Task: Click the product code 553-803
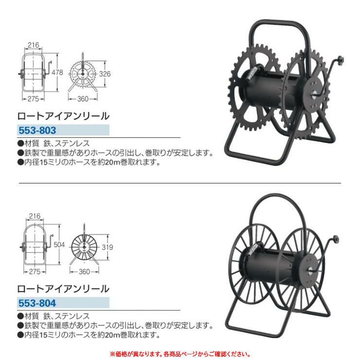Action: [37, 130]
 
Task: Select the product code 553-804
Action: [37, 303]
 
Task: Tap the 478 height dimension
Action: [57, 72]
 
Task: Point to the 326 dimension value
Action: [105, 74]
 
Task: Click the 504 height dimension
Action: [59, 245]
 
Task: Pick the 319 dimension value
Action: [107, 247]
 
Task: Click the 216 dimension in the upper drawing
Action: [33, 45]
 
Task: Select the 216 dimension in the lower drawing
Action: [35, 216]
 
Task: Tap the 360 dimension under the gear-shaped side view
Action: [83, 99]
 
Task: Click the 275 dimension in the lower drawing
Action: [35, 272]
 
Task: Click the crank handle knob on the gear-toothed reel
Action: [341, 60]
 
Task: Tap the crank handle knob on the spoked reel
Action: [336, 239]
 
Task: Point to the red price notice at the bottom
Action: [180, 354]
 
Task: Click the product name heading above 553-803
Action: [63, 116]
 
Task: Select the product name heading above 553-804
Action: [63, 289]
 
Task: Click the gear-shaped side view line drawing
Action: [83, 73]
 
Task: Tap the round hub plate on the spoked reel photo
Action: [310, 269]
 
